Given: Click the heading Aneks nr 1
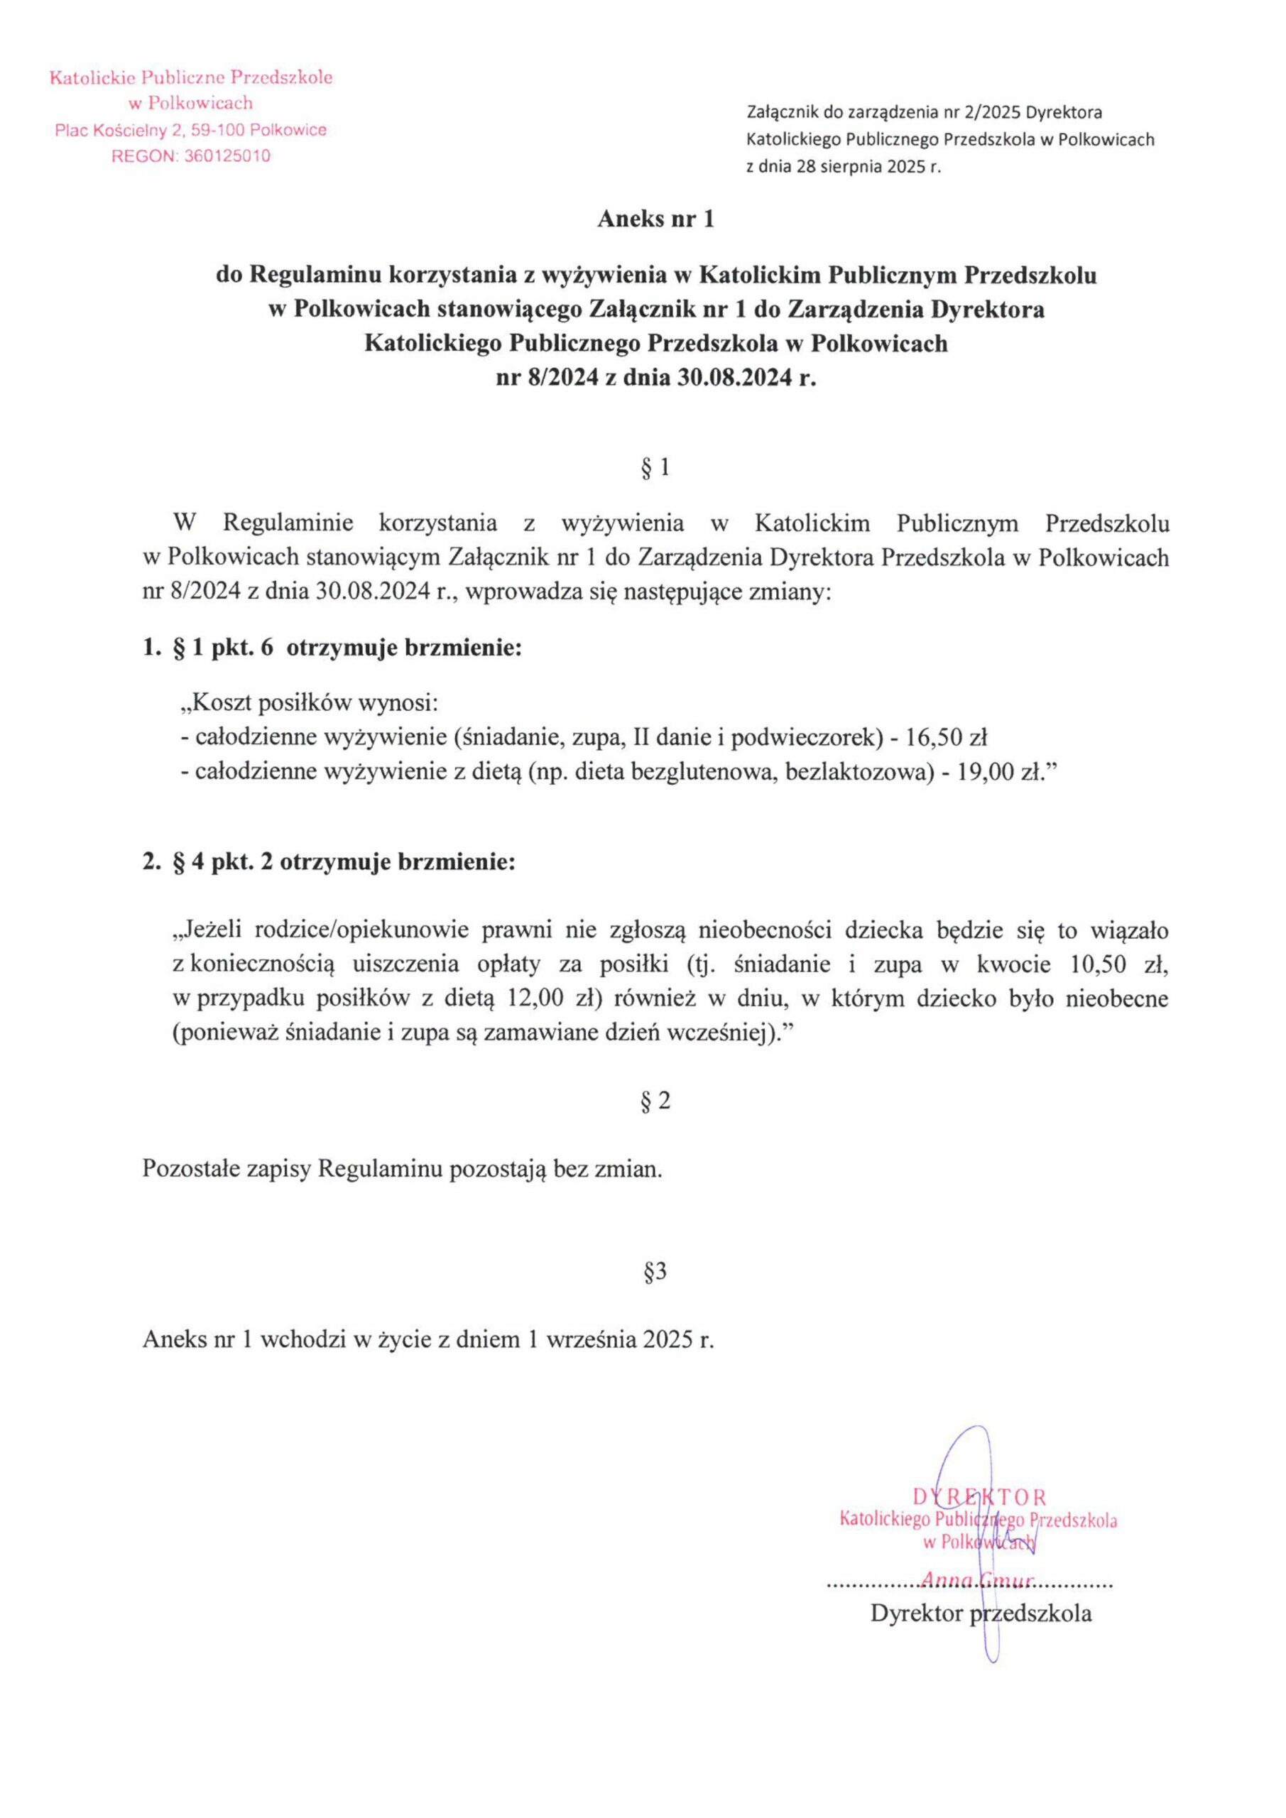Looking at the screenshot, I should click(x=655, y=219).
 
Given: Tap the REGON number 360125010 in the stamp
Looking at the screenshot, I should click(x=227, y=156).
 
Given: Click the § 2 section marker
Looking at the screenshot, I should click(x=655, y=1101).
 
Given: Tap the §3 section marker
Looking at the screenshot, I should click(x=655, y=1272).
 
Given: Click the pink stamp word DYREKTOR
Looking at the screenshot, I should click(x=979, y=1497).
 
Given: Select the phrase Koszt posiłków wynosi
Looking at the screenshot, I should click(x=314, y=703).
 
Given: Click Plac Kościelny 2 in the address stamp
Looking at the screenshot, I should click(x=124, y=130).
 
